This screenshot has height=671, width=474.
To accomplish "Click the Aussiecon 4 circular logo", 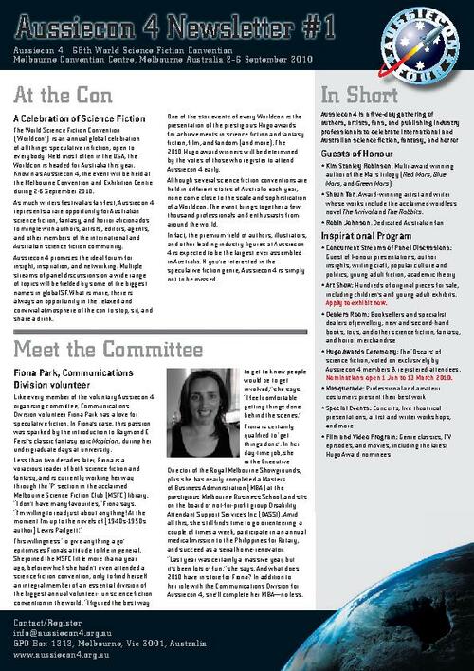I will click(427, 41).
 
